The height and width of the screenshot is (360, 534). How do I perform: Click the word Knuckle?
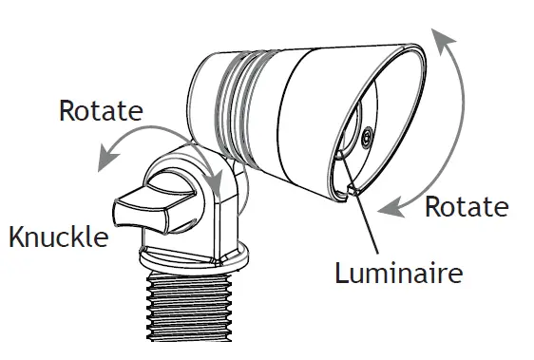coord(58,237)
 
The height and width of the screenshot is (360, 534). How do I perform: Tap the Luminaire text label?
coord(398,274)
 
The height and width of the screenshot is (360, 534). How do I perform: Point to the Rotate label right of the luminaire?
coord(466,206)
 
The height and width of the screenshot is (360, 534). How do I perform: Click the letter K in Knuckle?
coord(16,237)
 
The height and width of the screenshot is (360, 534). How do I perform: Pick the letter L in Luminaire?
coord(341,274)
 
